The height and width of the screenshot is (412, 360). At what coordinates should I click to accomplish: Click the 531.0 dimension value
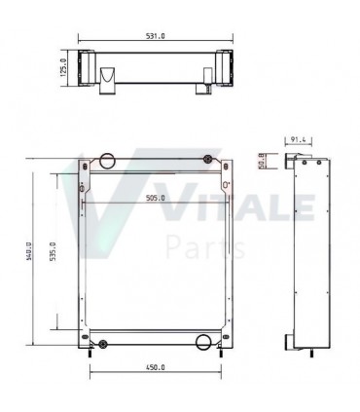coord(156,36)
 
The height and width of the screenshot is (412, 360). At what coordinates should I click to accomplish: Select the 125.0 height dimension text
coord(63,67)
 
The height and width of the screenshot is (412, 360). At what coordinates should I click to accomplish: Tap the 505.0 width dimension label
coord(156,198)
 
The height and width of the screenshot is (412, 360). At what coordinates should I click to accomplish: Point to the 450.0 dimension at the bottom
coord(156,367)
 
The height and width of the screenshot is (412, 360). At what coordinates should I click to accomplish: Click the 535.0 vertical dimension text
coord(53,251)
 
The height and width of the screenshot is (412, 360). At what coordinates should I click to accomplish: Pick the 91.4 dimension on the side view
coord(298,139)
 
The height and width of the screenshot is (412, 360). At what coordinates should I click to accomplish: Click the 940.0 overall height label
coord(29,250)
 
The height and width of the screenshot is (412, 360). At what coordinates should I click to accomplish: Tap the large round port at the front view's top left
coord(107,161)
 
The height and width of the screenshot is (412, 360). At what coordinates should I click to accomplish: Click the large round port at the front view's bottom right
coord(203,342)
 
